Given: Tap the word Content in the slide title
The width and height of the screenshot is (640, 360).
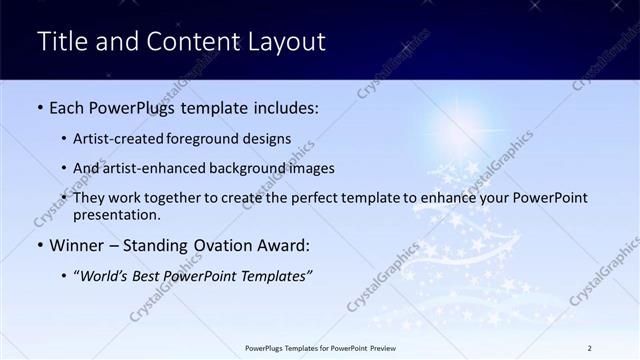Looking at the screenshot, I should tap(187, 42).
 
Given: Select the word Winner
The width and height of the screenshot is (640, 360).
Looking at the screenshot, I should tap(78, 245).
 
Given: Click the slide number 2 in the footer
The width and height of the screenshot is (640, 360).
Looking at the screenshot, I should tap(590, 348).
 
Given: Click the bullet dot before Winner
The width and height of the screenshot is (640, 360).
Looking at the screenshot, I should tap(40, 245).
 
